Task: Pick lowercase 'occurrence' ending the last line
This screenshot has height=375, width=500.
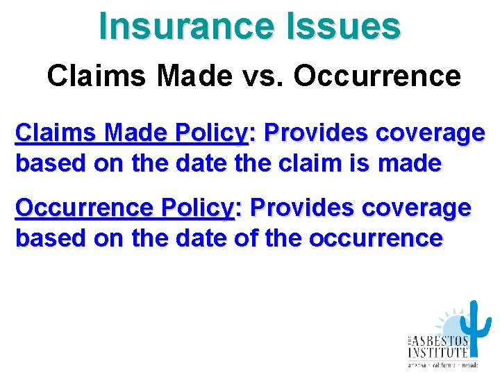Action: point(376,238)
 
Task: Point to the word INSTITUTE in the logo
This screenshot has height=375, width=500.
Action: point(437,353)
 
